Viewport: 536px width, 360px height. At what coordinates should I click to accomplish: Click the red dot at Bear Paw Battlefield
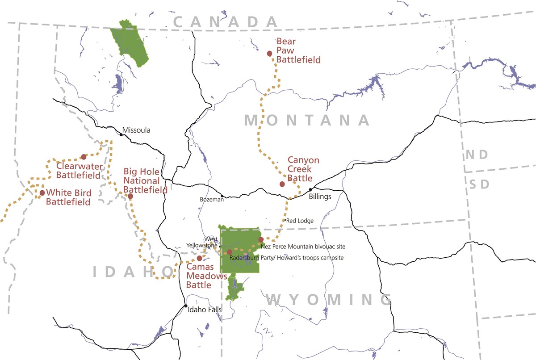(269, 54)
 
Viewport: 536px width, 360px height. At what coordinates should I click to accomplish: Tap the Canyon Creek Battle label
(303, 169)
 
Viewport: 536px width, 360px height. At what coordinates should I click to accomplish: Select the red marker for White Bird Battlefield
(42, 193)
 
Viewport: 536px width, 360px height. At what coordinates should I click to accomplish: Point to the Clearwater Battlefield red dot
(84, 157)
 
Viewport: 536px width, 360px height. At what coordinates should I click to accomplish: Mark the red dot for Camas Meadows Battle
(199, 258)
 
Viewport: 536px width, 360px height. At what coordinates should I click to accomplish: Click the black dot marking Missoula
(121, 134)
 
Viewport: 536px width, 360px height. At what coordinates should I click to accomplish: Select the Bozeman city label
(212, 199)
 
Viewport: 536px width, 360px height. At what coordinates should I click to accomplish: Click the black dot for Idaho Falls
(186, 306)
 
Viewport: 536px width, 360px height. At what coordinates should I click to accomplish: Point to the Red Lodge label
(300, 221)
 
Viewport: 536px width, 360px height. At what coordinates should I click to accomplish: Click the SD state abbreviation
(479, 184)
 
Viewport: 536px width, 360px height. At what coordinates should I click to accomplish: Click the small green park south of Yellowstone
(234, 287)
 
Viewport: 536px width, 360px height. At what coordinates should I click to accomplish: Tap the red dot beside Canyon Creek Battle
(282, 184)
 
